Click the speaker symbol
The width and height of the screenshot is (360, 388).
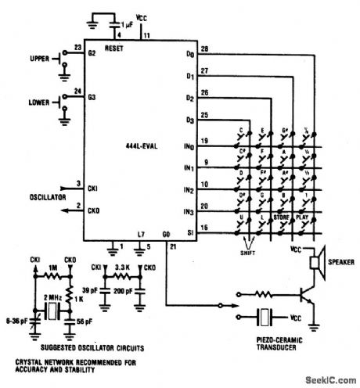(319, 265)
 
